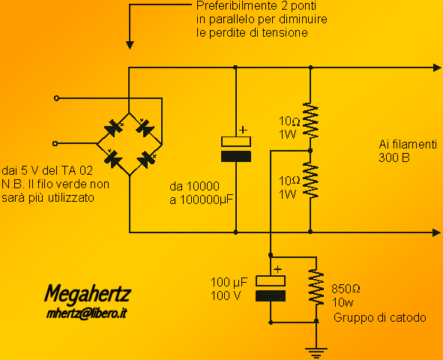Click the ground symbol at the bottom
(316, 352)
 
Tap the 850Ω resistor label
(346, 289)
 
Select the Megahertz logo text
(88, 295)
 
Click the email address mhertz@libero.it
(86, 313)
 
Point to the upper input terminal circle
(56, 98)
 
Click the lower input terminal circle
(55, 144)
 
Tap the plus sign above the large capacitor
(243, 130)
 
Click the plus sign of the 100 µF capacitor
(278, 269)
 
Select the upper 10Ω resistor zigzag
(310, 121)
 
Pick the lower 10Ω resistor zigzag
(310, 180)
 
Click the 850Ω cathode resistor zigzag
(316, 286)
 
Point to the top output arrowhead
(437, 67)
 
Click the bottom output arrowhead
(437, 232)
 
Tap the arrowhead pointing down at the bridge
(130, 46)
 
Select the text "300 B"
(394, 157)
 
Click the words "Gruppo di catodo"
(380, 317)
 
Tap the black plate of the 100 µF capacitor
(271, 295)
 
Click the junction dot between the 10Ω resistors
(310, 151)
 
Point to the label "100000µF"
(206, 200)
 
